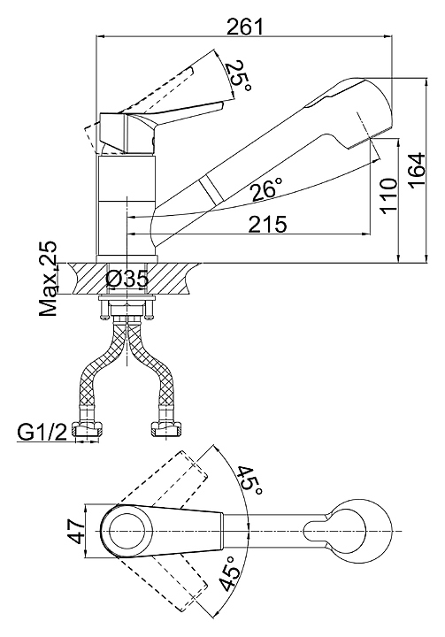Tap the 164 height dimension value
[x=417, y=170]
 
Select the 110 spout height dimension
[x=388, y=196]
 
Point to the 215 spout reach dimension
[x=268, y=224]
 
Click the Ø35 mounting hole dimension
[x=127, y=279]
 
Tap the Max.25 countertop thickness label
[x=49, y=279]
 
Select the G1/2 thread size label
[x=42, y=433]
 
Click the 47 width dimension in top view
[x=76, y=532]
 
